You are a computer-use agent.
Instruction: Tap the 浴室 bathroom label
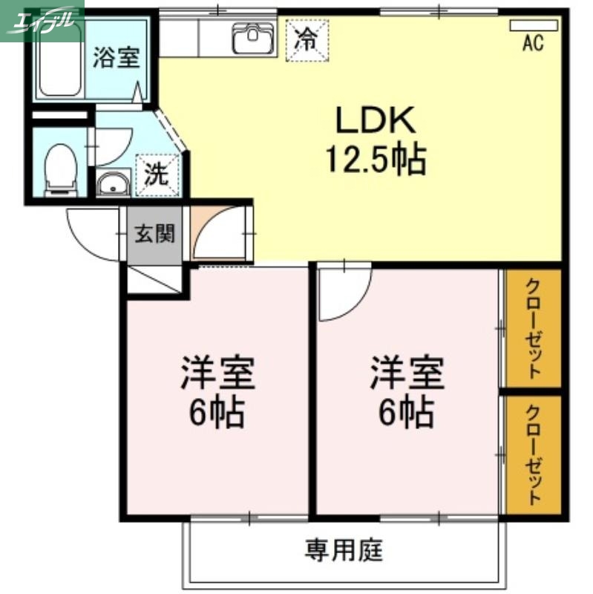click(x=116, y=59)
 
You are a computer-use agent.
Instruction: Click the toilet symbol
click(x=59, y=167)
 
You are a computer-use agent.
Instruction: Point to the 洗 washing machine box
click(x=157, y=175)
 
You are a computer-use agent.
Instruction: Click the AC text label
click(x=532, y=44)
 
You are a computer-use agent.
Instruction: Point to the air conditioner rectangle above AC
click(x=533, y=25)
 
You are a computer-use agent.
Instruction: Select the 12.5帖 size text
click(x=375, y=157)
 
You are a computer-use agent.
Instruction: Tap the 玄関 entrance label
click(x=154, y=235)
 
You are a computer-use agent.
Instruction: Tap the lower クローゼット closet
click(x=533, y=454)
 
